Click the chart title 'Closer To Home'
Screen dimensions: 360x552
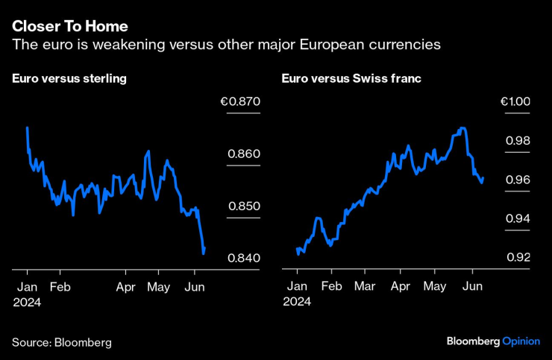click(x=64, y=27)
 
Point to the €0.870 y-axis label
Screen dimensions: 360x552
click(x=240, y=102)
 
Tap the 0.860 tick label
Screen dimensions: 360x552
click(x=242, y=154)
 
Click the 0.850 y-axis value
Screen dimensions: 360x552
click(x=242, y=206)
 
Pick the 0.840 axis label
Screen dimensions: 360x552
click(x=242, y=258)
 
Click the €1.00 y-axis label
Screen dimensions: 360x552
click(x=514, y=102)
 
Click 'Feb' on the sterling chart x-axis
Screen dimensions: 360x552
click(x=60, y=286)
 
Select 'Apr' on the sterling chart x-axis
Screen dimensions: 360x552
click(x=126, y=286)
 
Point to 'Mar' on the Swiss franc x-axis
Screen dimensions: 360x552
click(x=364, y=286)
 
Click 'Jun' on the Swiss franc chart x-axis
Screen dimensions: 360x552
click(x=471, y=286)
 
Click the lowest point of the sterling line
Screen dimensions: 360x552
click(x=204, y=253)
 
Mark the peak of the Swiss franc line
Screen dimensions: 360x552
click(x=463, y=128)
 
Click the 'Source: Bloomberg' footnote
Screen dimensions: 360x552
click(x=61, y=342)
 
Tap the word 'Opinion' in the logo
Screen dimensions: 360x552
click(x=521, y=341)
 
